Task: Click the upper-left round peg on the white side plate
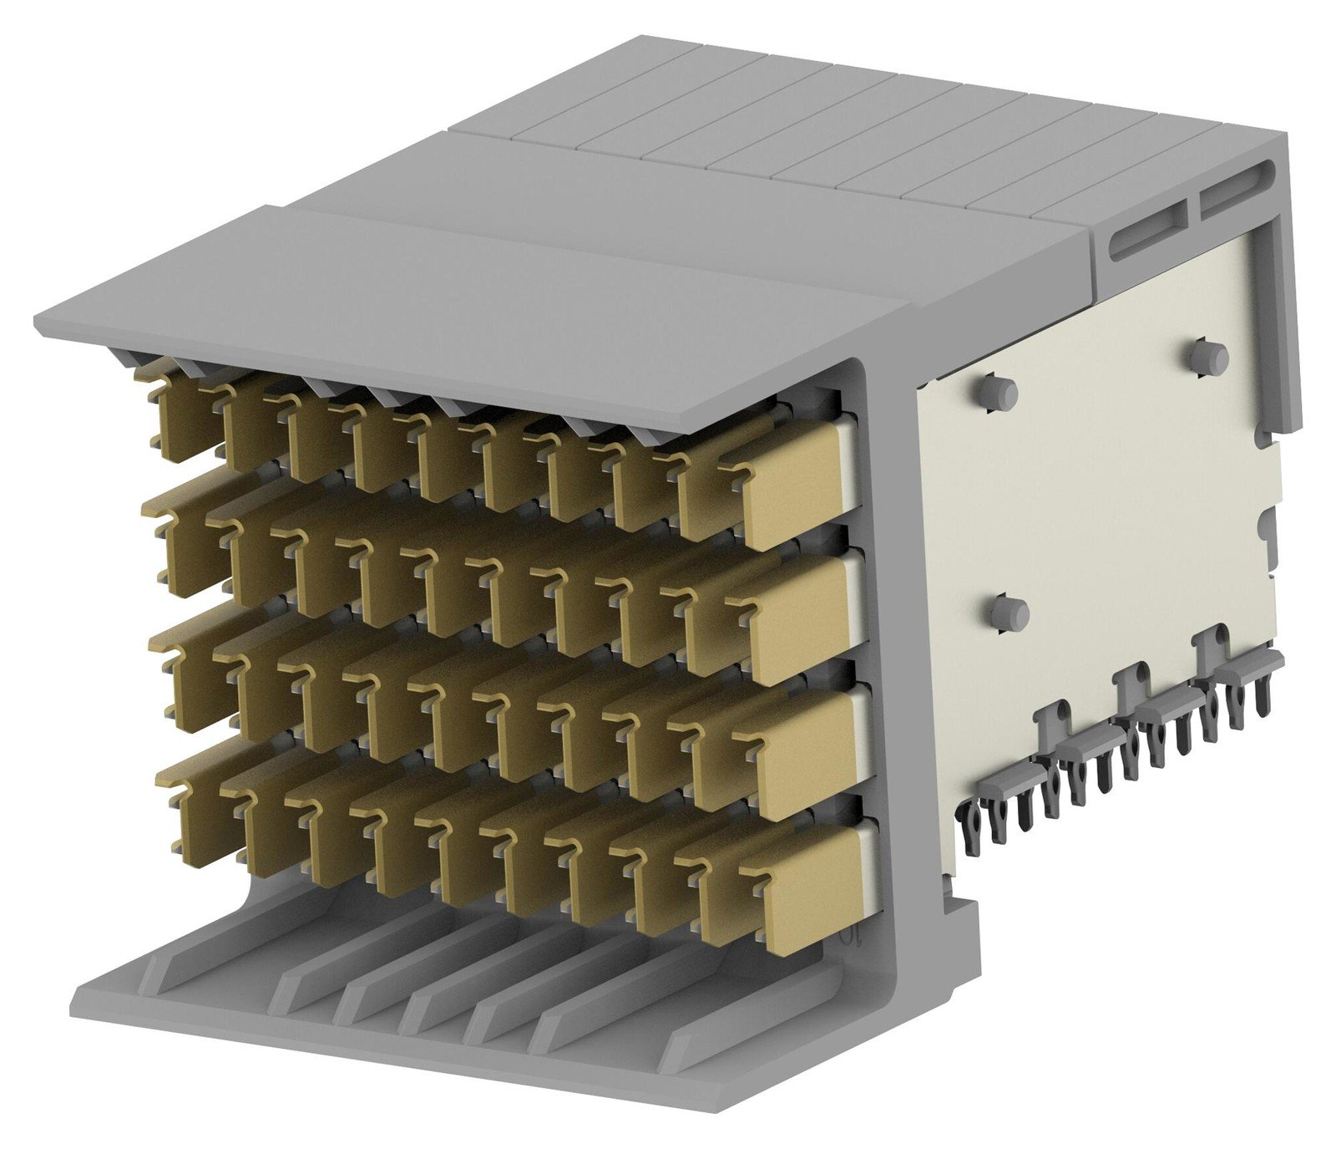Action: [997, 392]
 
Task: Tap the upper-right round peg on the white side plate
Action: [1210, 357]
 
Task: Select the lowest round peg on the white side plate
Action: [1008, 613]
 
